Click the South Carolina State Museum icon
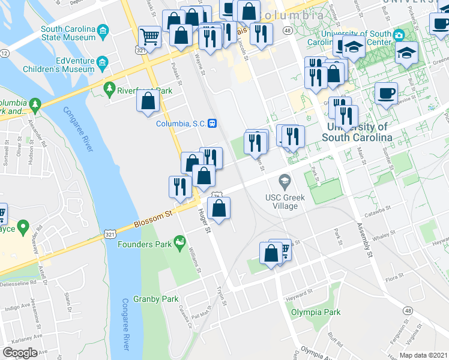[103, 31]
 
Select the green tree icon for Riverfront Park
[109, 90]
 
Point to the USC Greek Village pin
[285, 181]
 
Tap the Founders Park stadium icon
[178, 242]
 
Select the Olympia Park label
[316, 312]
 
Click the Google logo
[20, 352]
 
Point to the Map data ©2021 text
[423, 355]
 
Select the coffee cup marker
[386, 93]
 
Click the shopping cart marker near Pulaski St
[149, 37]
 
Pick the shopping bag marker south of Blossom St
[220, 208]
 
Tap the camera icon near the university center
[398, 35]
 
